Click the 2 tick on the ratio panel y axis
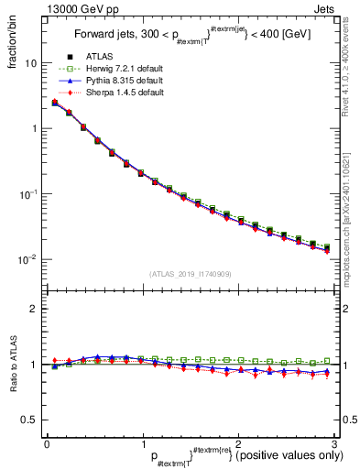pyautogui.click(x=33, y=310)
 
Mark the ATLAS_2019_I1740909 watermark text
pyautogui.click(x=189, y=274)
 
